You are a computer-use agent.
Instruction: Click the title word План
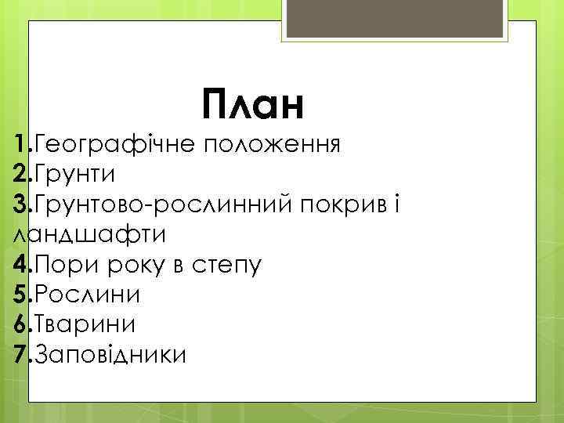click(251, 105)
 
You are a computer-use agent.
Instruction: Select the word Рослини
click(88, 295)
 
